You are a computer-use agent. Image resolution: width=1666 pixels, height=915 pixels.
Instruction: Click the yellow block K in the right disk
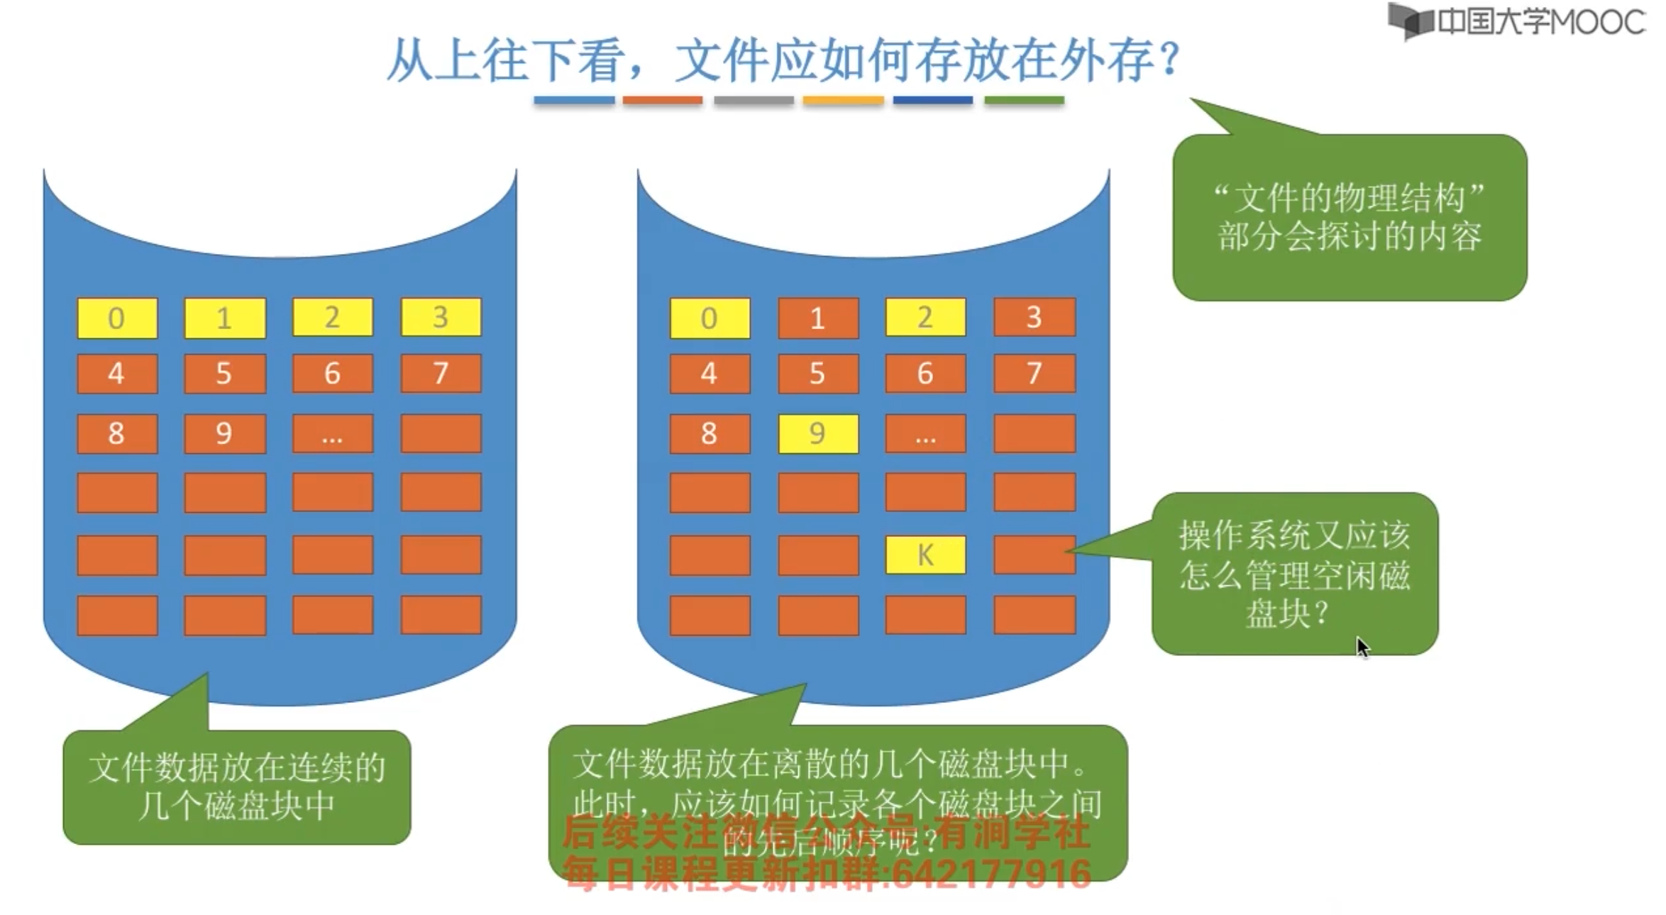click(x=925, y=555)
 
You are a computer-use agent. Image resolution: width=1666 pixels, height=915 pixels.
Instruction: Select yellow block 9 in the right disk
click(x=818, y=433)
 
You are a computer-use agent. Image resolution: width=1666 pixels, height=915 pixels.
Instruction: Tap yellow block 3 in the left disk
click(x=441, y=317)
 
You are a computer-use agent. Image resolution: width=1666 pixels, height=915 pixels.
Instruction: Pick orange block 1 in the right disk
click(x=818, y=318)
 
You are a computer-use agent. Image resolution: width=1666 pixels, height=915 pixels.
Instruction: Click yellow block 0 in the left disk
click(x=117, y=318)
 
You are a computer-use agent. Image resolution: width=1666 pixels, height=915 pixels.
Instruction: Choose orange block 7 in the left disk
click(x=441, y=373)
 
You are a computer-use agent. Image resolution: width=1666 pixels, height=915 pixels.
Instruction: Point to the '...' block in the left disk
click(x=332, y=433)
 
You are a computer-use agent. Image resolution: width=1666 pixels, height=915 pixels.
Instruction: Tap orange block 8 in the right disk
click(x=710, y=433)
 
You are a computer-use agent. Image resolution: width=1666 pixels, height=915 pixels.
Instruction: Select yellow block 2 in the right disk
click(x=925, y=317)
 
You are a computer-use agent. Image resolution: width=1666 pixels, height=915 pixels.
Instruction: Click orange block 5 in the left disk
click(x=224, y=373)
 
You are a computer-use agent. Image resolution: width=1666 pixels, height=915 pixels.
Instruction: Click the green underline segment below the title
click(x=1024, y=101)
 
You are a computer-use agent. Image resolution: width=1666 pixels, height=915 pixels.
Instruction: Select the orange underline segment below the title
click(x=663, y=101)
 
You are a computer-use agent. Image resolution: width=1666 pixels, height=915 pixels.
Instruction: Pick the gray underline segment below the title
click(x=754, y=101)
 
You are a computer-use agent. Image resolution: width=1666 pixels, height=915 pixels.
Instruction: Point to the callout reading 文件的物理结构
click(x=1350, y=217)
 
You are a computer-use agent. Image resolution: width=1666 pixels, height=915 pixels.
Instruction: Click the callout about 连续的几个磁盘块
click(x=236, y=787)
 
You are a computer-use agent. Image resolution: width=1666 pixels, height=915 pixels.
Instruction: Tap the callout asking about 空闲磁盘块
click(x=1295, y=574)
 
